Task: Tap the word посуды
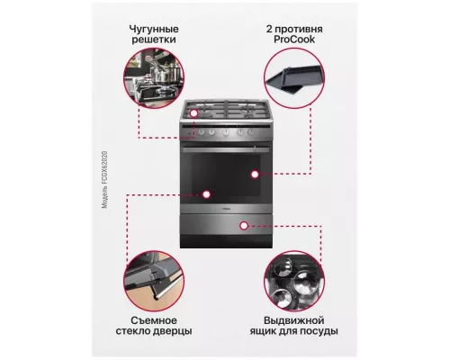click(x=320, y=332)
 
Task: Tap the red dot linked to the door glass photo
click(x=208, y=193)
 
